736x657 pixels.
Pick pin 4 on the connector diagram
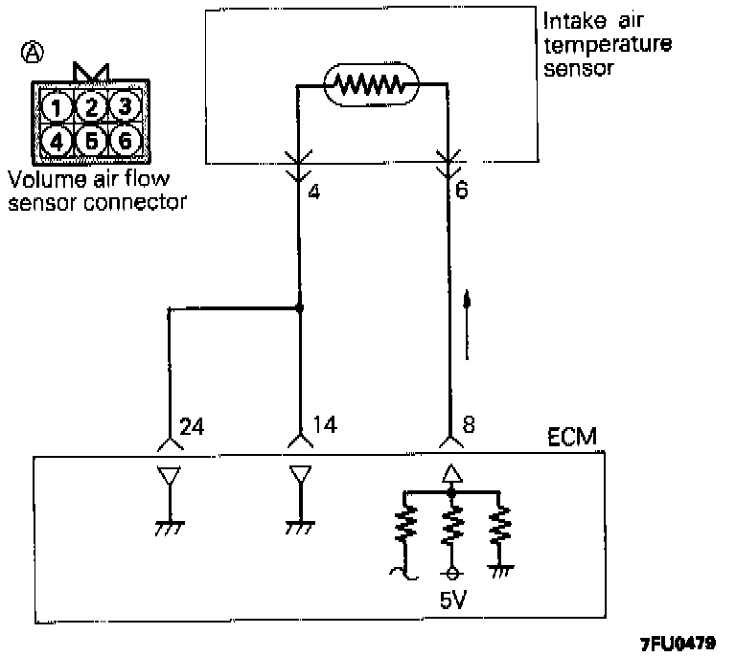58,142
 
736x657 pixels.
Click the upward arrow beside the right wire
467,326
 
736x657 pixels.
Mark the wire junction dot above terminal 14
300,308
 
